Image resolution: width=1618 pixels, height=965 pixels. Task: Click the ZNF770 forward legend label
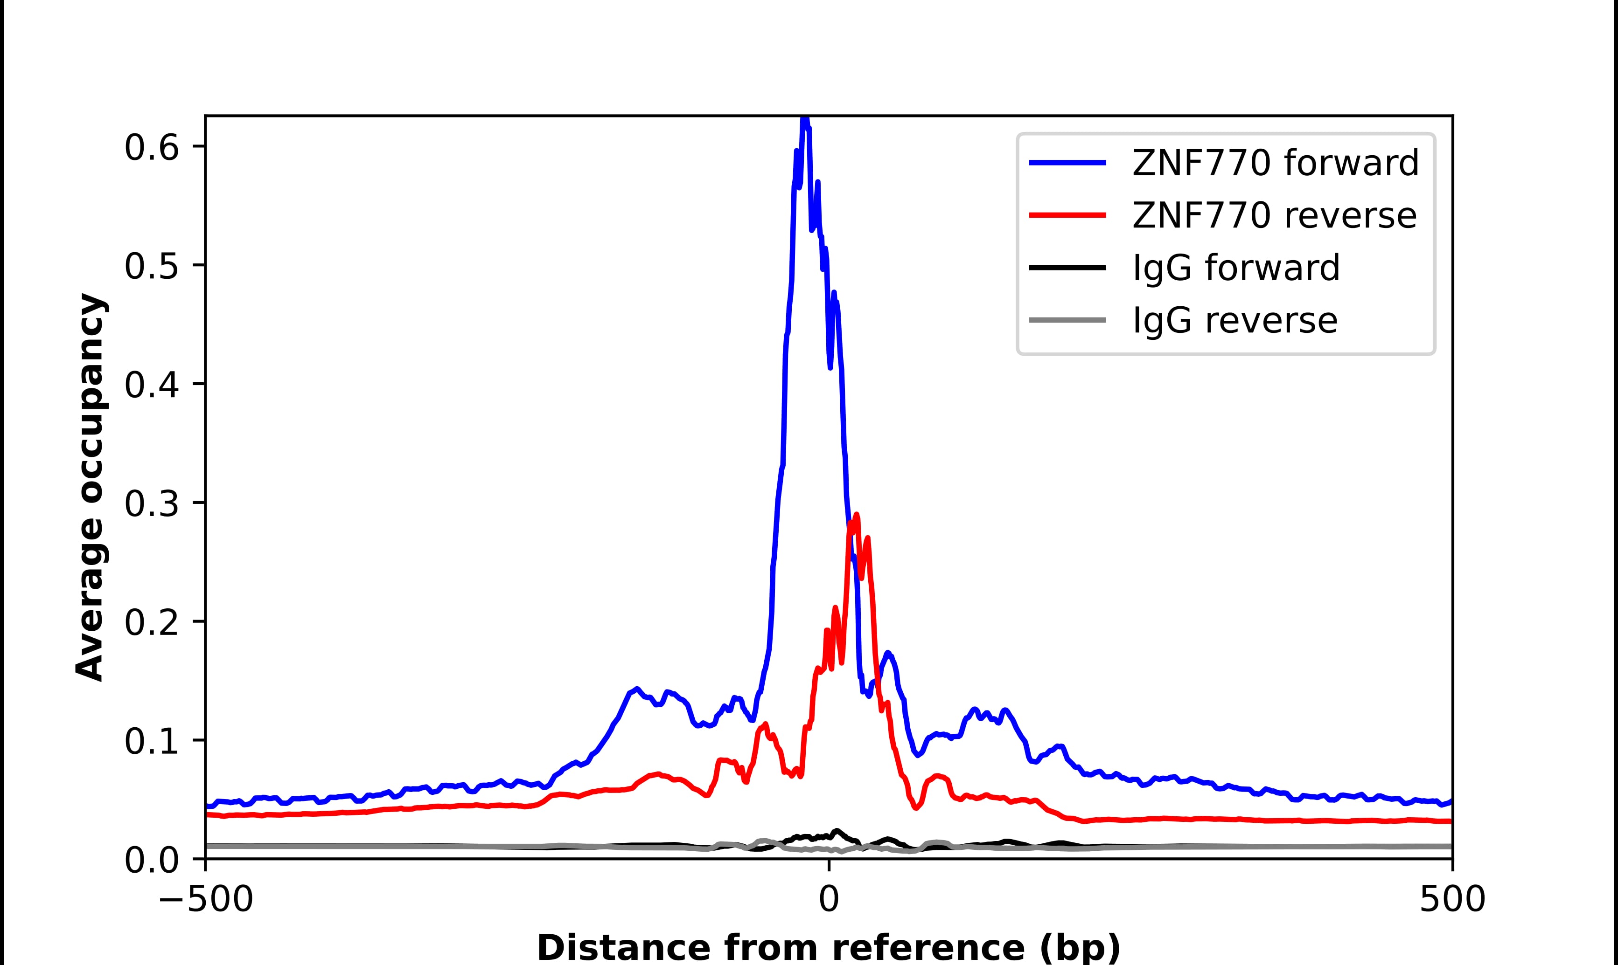[1275, 163]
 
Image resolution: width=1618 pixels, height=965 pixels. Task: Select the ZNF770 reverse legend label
[1274, 215]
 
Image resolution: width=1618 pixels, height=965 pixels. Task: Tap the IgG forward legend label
[1236, 268]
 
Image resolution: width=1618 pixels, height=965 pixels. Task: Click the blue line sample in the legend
[1067, 163]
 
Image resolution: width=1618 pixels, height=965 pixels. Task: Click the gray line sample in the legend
[1067, 320]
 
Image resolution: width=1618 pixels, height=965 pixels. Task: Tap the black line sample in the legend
[1067, 267]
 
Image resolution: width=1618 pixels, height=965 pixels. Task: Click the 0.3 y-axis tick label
[151, 504]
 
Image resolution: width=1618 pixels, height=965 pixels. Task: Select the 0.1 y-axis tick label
[151, 741]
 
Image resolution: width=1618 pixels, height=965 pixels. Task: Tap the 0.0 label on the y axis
[151, 860]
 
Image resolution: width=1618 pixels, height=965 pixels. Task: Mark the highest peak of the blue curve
[805, 118]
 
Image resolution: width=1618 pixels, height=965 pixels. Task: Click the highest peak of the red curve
[856, 515]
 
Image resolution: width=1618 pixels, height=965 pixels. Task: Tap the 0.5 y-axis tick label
[151, 267]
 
